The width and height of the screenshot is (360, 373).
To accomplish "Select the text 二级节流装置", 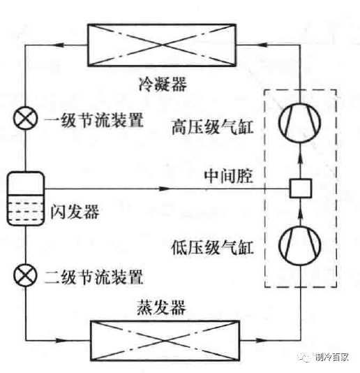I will [93, 275].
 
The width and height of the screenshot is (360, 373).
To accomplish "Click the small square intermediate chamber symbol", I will [299, 187].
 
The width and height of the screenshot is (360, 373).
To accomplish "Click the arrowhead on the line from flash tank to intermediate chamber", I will [165, 187].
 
